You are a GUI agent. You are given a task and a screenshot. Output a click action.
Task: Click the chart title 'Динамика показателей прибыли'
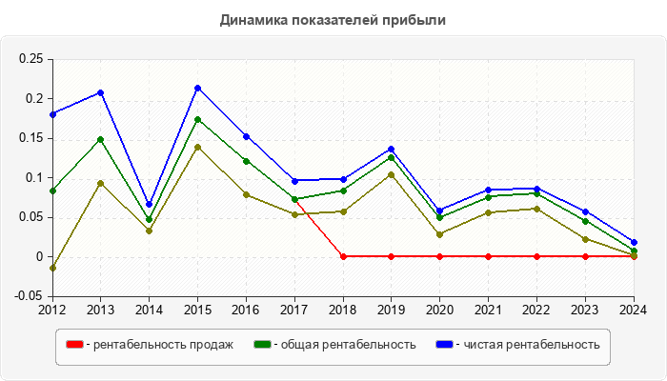(x=333, y=19)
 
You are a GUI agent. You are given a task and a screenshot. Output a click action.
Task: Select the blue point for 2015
(x=197, y=89)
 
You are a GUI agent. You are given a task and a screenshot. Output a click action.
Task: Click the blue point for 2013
(x=100, y=92)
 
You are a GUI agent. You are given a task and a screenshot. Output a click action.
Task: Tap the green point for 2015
(x=197, y=119)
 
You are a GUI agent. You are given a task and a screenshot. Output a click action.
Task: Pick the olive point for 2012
(x=51, y=268)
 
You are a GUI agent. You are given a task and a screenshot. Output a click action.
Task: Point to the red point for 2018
(x=343, y=256)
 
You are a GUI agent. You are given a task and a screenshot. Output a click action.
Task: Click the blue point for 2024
(x=634, y=242)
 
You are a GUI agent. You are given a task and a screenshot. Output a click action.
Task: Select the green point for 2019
(x=392, y=157)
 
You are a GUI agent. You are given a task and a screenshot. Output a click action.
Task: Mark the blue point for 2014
(x=149, y=204)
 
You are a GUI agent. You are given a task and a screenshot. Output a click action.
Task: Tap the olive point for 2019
(x=392, y=174)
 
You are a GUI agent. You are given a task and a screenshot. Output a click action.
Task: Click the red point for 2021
(x=488, y=256)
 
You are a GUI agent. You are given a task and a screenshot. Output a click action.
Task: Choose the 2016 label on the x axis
(x=246, y=310)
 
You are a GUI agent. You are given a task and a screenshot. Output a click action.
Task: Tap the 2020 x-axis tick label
(x=439, y=310)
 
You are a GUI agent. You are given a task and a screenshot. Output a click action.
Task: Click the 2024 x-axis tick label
(x=634, y=310)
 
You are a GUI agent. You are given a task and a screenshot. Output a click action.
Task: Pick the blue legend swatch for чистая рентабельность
(x=444, y=344)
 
